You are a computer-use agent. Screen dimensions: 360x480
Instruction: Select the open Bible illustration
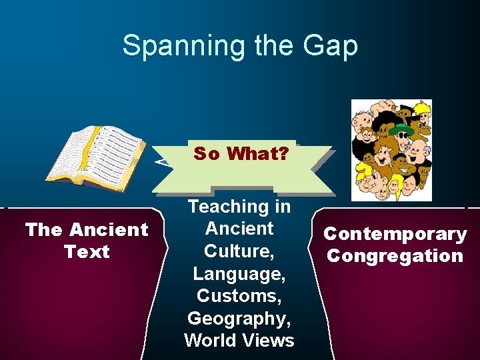pyautogui.click(x=96, y=155)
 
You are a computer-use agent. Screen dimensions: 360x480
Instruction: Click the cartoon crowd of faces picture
pyautogui.click(x=391, y=150)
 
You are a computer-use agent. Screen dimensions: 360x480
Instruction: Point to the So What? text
pyautogui.click(x=241, y=154)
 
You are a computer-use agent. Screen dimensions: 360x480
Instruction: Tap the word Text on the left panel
pyautogui.click(x=87, y=251)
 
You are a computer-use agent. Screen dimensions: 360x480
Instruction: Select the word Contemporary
pyautogui.click(x=395, y=234)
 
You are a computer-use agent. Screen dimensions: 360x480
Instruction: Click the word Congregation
pyautogui.click(x=395, y=256)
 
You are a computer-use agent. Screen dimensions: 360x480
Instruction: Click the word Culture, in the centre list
pyautogui.click(x=239, y=251)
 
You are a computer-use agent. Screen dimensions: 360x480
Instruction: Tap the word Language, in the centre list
pyautogui.click(x=239, y=273)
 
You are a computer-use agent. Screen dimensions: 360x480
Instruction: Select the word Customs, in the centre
pyautogui.click(x=239, y=295)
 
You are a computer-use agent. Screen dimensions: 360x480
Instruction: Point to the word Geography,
pyautogui.click(x=239, y=317)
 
